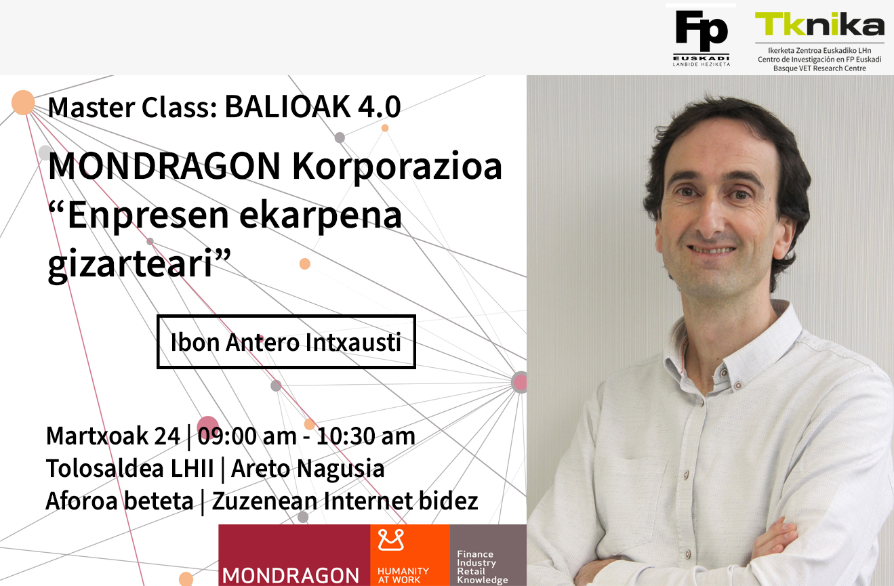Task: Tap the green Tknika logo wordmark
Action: point(819,24)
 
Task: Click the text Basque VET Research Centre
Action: point(819,68)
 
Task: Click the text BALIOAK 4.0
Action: point(312,107)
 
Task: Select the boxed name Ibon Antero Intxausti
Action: point(286,342)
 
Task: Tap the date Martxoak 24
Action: point(113,436)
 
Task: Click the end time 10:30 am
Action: point(366,436)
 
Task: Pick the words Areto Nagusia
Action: point(308,468)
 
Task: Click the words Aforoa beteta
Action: point(120,501)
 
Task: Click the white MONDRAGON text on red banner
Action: point(291,576)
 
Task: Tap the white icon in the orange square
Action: point(391,540)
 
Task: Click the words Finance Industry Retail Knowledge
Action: point(482,567)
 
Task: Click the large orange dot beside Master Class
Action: point(23,102)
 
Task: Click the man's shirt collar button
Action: point(738,385)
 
